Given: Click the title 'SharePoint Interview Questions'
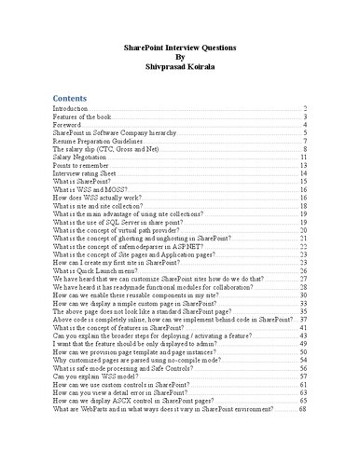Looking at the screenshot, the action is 180,46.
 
